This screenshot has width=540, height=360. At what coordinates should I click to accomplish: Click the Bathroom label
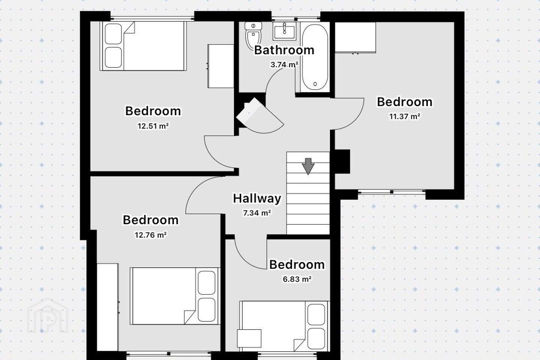pos(284,50)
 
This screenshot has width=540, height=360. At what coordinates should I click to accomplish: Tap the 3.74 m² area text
pos(285,64)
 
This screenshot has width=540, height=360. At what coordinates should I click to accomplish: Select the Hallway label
pos(257,198)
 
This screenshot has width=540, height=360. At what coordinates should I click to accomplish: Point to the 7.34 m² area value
pos(257,213)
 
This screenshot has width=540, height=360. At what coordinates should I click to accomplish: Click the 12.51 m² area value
pos(153,126)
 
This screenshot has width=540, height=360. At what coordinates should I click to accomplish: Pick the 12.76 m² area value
pos(151,235)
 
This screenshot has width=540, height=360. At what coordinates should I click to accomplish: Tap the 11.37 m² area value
pos(405,117)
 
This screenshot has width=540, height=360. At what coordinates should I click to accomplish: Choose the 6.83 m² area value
pos(297,279)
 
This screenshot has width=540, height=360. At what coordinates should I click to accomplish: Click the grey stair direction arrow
pos(308,166)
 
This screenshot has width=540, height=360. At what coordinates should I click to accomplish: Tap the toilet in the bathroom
pos(253,36)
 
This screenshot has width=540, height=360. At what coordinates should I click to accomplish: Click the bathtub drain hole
pos(315,84)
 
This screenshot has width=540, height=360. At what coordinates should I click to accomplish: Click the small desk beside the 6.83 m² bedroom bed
pos(249,338)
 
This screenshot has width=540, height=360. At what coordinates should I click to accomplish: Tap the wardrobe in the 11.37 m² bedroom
pos(355,37)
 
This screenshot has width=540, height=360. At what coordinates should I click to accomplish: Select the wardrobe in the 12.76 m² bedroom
pos(108,307)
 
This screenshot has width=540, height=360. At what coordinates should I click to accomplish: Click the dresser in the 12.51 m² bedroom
pos(220,66)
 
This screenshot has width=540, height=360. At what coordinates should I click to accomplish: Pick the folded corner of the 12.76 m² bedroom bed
pos(190,317)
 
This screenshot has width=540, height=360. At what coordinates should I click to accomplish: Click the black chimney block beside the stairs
pos(342,161)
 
